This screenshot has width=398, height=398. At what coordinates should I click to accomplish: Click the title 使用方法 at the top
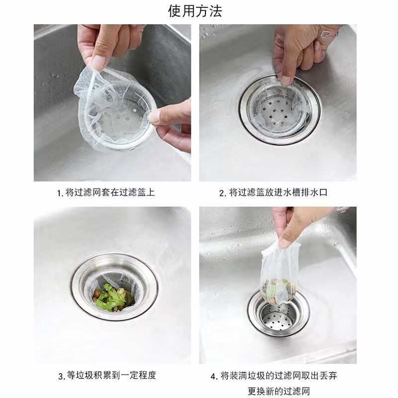coord(195,11)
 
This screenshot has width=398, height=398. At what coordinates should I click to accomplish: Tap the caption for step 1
coord(106,193)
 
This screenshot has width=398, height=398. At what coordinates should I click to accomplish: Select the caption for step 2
coord(273,193)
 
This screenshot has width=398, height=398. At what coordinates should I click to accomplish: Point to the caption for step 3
coord(107,375)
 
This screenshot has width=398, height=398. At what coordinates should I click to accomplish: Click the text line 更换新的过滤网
coord(279,391)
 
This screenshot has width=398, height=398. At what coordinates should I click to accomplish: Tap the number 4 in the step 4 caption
coord(213,377)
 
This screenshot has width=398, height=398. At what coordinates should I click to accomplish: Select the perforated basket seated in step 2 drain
coord(279,110)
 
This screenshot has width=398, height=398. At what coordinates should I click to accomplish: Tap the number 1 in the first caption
coord(59,194)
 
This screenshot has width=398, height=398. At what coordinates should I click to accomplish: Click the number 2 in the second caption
coord(221,194)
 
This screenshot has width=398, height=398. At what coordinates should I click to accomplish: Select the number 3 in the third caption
coord(61,376)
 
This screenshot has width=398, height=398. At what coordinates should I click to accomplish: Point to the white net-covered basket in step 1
coord(115,108)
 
